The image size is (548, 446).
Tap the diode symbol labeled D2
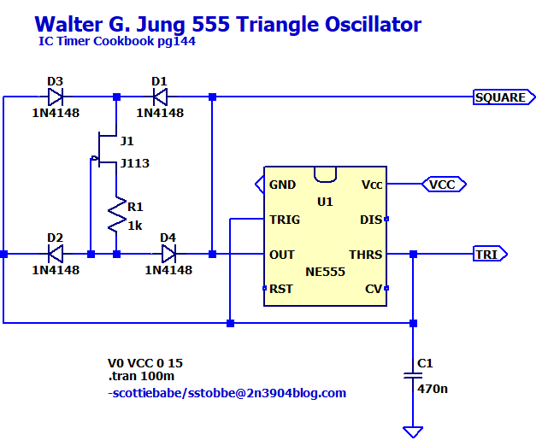(56, 254)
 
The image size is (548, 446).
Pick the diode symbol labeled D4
(168, 254)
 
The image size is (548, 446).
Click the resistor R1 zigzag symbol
(115, 218)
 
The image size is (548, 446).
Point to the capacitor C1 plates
(413, 376)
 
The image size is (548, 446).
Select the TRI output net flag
(490, 254)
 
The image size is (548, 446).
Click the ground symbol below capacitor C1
(413, 431)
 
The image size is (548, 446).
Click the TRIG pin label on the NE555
(284, 219)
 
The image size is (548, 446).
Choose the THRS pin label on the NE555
(365, 254)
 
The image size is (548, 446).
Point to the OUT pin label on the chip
(282, 254)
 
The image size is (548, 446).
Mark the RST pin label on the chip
(280, 289)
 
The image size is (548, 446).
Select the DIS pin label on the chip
(370, 219)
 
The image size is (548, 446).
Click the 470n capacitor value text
(433, 389)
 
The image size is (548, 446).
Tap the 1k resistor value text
(135, 226)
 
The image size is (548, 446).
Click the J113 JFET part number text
(135, 163)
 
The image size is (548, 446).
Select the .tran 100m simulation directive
(141, 376)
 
